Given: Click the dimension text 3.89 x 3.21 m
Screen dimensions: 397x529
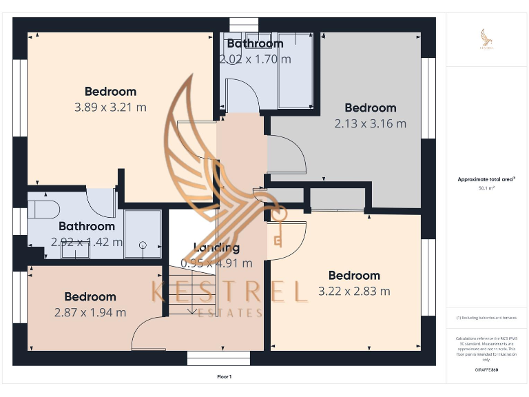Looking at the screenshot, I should (110, 107).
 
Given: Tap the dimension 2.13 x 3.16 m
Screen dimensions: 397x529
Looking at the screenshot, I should (370, 124).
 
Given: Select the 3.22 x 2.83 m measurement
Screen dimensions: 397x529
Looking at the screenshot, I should (354, 291).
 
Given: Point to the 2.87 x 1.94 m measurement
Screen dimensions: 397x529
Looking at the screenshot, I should (90, 312).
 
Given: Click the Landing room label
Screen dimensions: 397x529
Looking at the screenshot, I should (216, 247).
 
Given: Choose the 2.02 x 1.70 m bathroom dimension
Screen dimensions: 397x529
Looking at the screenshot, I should (255, 59).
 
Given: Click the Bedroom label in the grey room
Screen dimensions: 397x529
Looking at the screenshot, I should (370, 108).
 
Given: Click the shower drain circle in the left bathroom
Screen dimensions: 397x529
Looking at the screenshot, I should (143, 245).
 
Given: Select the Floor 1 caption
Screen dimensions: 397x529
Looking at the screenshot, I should (225, 376).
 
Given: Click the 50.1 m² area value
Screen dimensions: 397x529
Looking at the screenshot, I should (486, 187).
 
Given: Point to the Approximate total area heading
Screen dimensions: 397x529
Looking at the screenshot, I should (486, 179).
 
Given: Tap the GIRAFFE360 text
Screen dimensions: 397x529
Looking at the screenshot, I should (486, 370).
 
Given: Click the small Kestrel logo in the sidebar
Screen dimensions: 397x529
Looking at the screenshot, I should (486, 39).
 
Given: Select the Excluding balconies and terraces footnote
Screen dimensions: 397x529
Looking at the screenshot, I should (486, 318).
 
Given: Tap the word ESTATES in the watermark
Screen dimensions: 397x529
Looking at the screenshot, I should (229, 314).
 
